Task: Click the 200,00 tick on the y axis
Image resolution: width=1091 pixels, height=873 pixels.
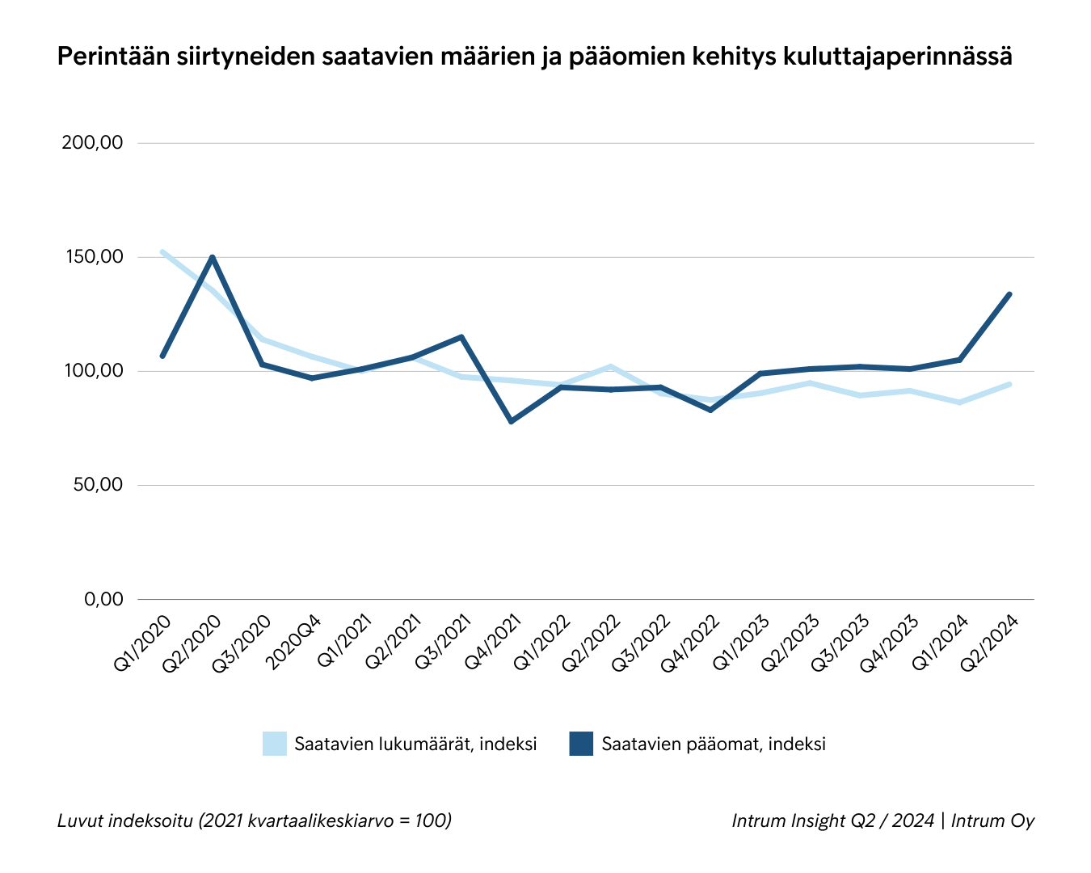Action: coord(92,143)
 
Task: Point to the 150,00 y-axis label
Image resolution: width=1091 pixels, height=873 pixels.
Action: coord(92,257)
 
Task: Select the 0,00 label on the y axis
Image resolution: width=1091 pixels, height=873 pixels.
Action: coord(103,599)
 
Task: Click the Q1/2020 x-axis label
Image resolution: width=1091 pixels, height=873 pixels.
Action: coord(143,643)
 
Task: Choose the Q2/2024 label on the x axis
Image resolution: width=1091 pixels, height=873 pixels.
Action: coord(988,643)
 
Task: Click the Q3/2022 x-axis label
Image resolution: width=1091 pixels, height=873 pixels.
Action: coord(642,643)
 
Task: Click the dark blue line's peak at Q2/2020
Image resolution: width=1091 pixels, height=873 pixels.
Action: coord(212,257)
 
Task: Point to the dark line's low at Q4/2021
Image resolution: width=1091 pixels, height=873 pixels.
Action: coord(512,422)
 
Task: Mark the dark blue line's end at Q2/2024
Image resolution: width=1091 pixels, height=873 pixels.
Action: coord(1009,294)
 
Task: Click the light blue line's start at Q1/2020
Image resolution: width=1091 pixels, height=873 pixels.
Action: coord(162,251)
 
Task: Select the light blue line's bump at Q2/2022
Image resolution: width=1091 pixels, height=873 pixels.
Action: coord(611,366)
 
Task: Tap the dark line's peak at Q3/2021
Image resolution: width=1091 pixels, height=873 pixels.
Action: coord(461,336)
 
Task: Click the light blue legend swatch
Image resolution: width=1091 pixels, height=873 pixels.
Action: coord(275,744)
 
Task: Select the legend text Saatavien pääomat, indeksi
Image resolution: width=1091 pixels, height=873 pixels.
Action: coord(714,744)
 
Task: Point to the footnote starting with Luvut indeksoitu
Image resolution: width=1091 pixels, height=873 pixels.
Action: coord(255,820)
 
